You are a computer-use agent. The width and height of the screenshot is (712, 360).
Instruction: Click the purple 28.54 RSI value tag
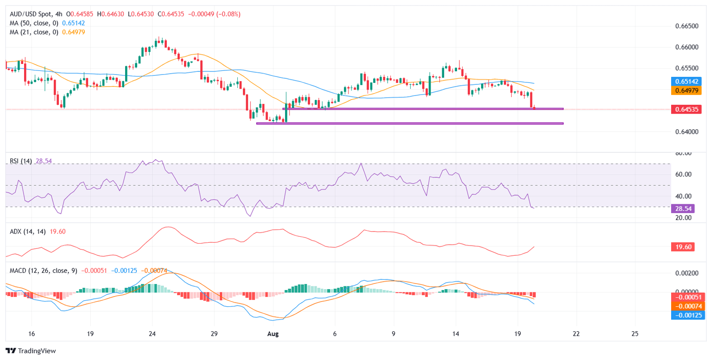click(x=681, y=209)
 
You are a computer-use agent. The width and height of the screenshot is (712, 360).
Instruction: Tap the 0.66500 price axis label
click(x=687, y=26)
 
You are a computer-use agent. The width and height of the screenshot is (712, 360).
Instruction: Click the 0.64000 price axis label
click(x=687, y=132)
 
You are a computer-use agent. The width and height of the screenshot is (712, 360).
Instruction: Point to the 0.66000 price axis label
click(x=687, y=47)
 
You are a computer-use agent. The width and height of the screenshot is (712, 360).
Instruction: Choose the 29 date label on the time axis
click(x=214, y=334)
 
